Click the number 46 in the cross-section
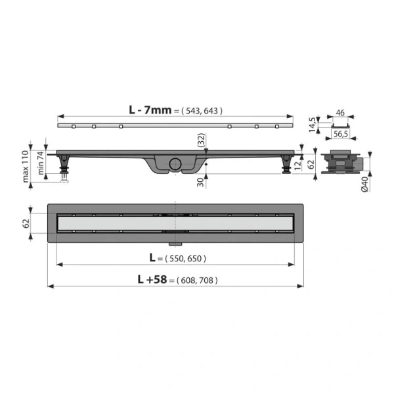(x=339, y=113)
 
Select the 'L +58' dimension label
(x=150, y=278)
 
